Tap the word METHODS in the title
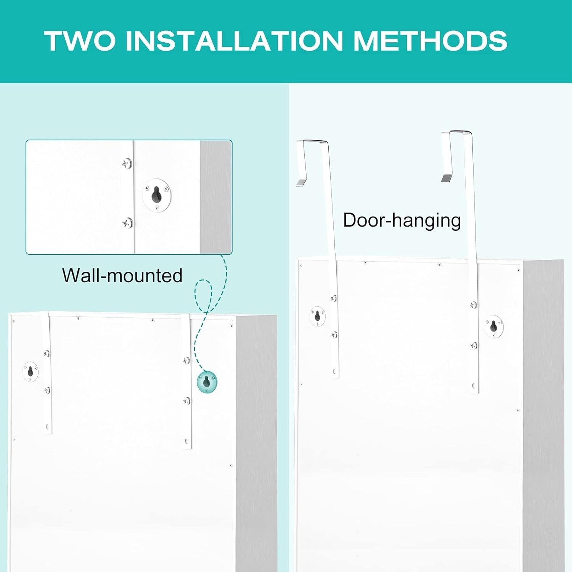[431, 40]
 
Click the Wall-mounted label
[122, 275]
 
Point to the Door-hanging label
[402, 220]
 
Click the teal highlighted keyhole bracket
[207, 382]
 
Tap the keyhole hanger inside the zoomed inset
[157, 195]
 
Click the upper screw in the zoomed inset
[127, 164]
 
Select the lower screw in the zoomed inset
[127, 223]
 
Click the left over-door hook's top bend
[313, 141]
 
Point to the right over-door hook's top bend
[457, 132]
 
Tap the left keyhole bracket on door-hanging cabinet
[318, 317]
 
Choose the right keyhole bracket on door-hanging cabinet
[494, 326]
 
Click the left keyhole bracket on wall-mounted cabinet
[31, 371]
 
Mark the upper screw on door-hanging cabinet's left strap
[334, 298]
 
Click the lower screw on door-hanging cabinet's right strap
[474, 345]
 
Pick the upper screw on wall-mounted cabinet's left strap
[47, 353]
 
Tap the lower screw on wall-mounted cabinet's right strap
[186, 401]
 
